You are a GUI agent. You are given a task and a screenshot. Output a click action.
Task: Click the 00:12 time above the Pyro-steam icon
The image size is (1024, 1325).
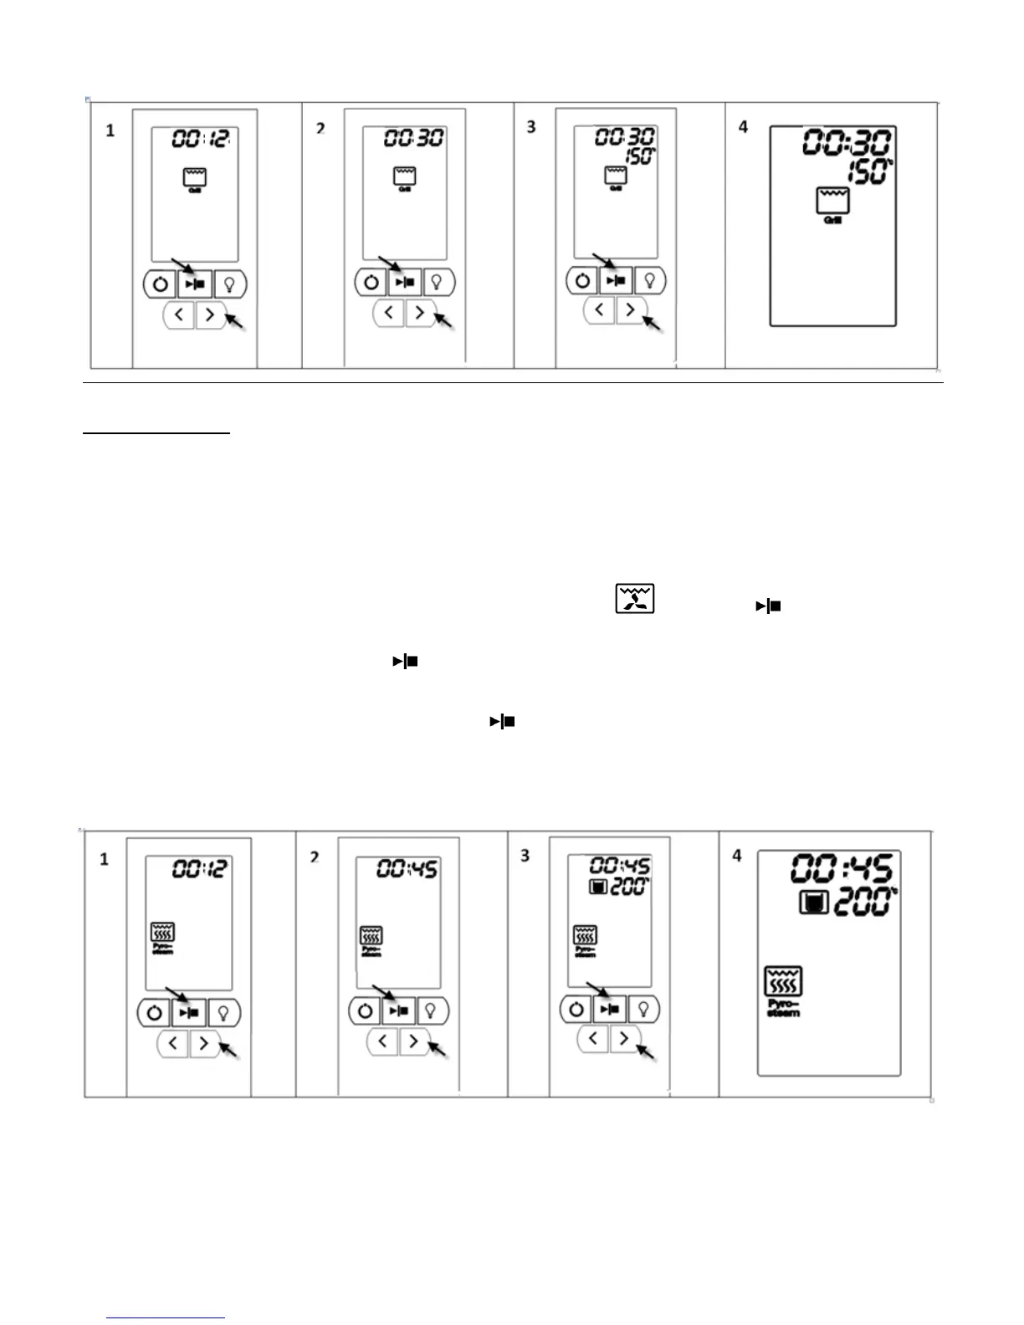point(199,869)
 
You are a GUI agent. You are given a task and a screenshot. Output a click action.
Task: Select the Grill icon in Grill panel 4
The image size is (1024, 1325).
point(833,201)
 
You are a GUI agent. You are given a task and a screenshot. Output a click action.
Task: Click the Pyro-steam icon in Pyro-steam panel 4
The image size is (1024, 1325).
point(783,982)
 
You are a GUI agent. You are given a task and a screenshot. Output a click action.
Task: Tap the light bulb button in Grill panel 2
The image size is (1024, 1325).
point(436,283)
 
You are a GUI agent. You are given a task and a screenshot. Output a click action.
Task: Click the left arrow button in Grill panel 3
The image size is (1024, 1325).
point(599,310)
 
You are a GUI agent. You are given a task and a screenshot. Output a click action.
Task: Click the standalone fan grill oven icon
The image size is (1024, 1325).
point(635,599)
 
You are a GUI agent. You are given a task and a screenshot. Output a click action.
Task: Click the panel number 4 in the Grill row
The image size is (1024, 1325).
point(744,127)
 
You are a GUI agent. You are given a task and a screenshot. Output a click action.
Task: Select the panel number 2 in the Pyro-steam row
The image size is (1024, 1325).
point(315,857)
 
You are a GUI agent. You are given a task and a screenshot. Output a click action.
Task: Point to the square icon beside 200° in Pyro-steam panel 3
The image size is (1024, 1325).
point(597,887)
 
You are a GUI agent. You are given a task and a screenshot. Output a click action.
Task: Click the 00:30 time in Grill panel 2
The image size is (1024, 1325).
point(413,138)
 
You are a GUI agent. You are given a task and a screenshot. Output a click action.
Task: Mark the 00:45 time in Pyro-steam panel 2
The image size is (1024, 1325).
point(407,870)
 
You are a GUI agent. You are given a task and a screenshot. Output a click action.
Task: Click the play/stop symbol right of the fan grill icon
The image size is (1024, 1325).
point(769,606)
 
